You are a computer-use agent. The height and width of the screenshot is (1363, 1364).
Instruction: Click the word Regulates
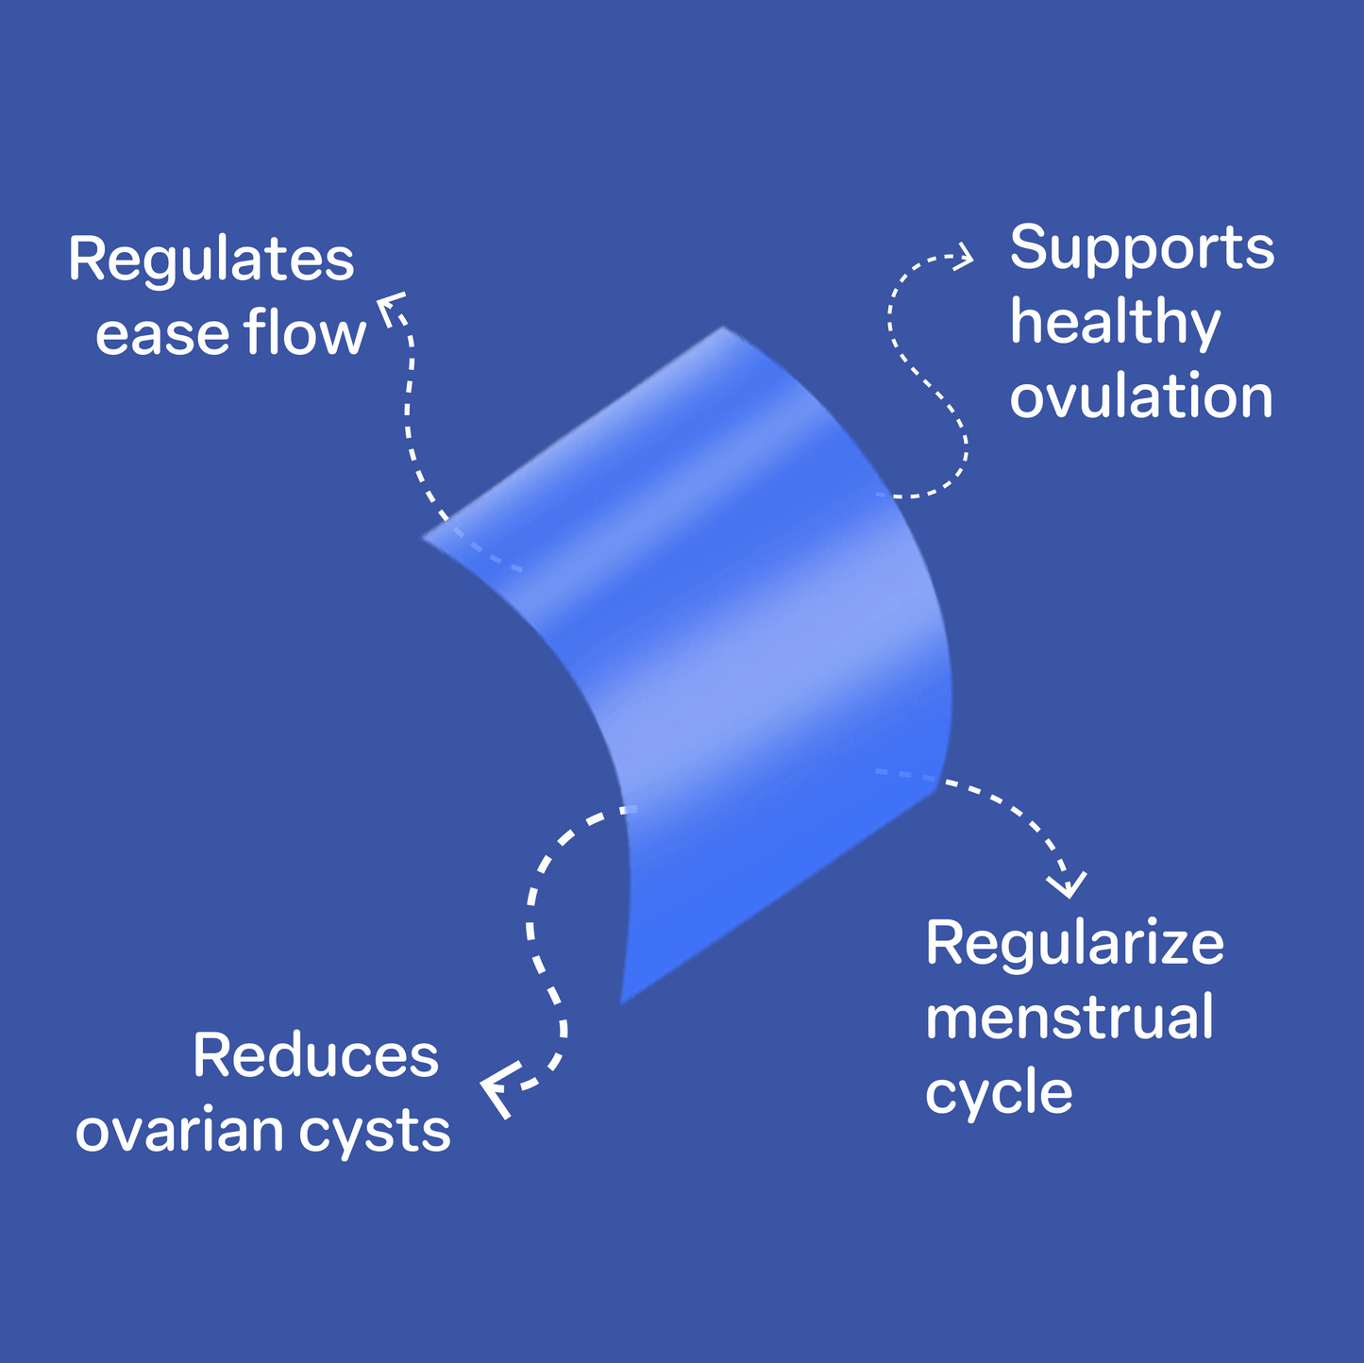pos(210,261)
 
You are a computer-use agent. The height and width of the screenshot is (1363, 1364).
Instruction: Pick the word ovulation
pos(1141,397)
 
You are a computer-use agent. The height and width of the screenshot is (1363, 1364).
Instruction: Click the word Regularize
pos(1074,943)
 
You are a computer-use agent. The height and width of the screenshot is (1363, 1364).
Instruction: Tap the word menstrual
pos(1069,1018)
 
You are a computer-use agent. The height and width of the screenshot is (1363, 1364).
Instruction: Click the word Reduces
pos(316,1055)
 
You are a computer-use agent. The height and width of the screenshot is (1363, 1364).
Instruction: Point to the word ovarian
pos(179,1131)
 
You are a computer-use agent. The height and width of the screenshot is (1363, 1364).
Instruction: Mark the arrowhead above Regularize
pos(1069,885)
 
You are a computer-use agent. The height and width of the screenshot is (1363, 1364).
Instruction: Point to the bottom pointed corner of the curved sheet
pos(622,1001)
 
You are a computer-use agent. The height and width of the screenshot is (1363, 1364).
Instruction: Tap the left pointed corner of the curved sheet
pos(425,538)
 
